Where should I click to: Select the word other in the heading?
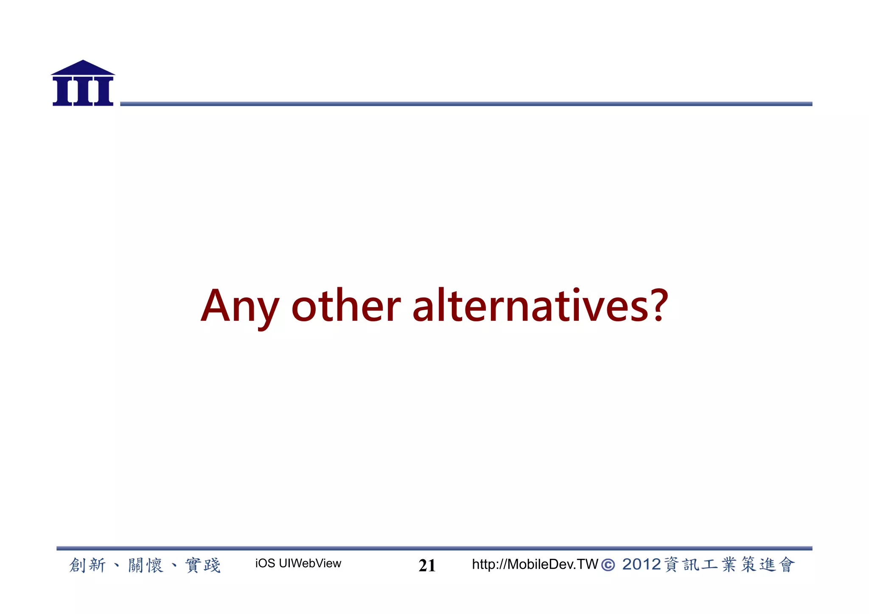click(x=346, y=306)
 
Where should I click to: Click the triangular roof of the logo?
click(x=83, y=68)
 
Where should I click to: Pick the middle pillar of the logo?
click(x=83, y=91)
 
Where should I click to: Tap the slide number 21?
click(x=427, y=565)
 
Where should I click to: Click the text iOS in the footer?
click(x=265, y=564)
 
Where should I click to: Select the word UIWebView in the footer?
click(x=310, y=564)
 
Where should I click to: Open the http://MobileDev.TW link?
click(x=535, y=564)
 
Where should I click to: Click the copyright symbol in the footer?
click(x=608, y=565)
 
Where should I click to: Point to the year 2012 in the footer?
click(x=641, y=564)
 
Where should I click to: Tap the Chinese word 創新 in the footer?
click(x=87, y=565)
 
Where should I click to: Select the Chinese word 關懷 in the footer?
click(x=146, y=565)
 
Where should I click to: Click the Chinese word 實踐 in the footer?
click(x=203, y=565)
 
